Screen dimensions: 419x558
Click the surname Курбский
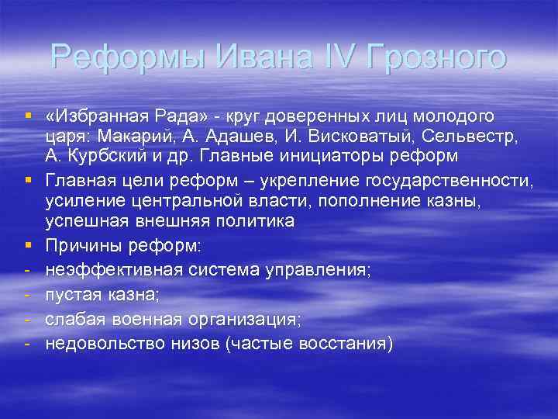[x=112, y=155]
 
